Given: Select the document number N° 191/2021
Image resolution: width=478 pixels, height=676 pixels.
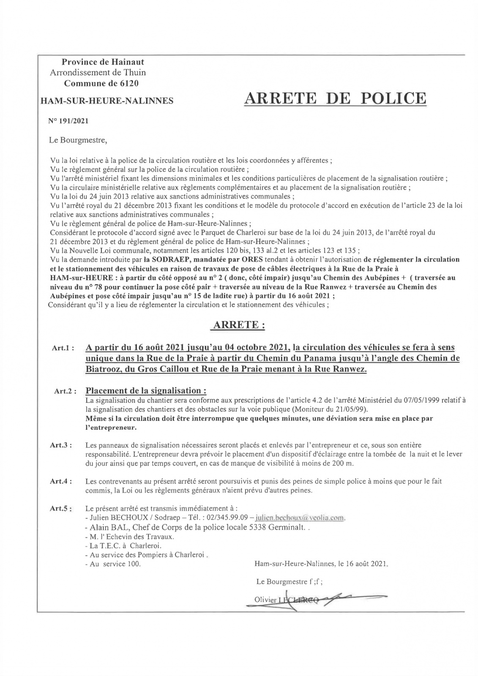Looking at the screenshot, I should (69, 121).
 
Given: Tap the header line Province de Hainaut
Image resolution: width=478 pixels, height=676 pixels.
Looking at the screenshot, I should (103, 62).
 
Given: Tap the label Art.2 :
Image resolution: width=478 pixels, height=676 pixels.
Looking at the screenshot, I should (65, 392).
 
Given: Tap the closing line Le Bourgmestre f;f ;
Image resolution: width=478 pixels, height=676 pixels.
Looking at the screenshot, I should (290, 582).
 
